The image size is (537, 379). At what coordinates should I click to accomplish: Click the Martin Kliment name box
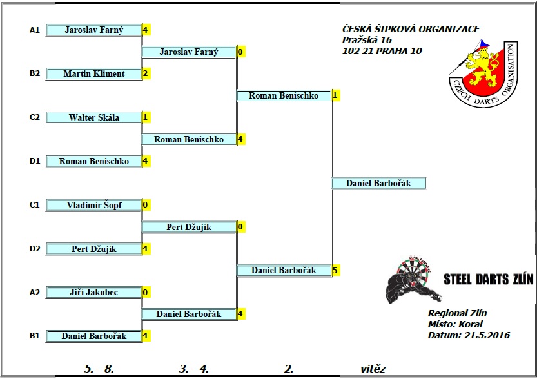(94, 74)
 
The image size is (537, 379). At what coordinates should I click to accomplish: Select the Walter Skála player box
(94, 118)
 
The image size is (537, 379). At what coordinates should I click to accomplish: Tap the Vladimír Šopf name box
(94, 206)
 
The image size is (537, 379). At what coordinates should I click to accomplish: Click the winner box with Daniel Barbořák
(379, 184)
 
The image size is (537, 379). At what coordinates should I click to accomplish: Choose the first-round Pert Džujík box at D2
(94, 249)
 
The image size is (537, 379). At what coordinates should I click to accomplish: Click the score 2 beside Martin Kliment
(146, 73)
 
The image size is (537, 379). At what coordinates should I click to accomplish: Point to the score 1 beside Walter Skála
(146, 117)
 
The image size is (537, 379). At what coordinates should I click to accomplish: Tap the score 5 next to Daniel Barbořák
(335, 271)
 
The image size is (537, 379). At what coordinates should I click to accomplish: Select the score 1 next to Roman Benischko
(335, 95)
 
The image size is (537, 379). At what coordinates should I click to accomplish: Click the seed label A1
(35, 30)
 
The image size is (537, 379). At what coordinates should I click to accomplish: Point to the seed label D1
(35, 161)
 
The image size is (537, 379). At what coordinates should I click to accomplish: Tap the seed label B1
(35, 336)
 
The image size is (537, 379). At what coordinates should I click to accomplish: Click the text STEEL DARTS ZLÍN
(488, 279)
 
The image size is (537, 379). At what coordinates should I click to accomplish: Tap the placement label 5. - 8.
(99, 369)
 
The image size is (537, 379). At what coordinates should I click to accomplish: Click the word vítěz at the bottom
(373, 369)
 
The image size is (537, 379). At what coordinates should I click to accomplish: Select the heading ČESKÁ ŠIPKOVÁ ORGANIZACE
(411, 29)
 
